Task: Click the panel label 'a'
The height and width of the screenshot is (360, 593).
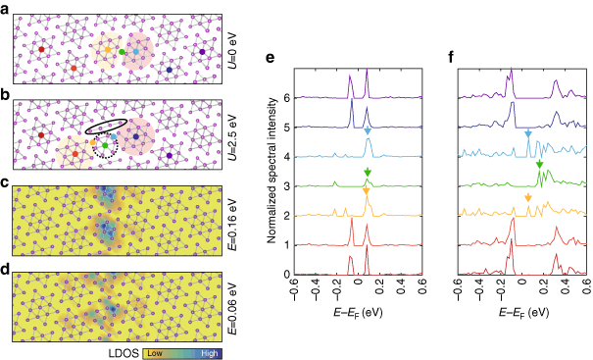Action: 6,7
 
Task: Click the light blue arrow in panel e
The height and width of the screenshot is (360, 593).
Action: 368,130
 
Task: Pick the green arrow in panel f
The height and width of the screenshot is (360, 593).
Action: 539,165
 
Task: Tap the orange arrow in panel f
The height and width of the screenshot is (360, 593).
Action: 528,198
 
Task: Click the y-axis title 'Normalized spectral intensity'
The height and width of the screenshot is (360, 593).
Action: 270,182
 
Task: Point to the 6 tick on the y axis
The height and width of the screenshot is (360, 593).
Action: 286,98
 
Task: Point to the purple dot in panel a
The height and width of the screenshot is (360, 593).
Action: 202,50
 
